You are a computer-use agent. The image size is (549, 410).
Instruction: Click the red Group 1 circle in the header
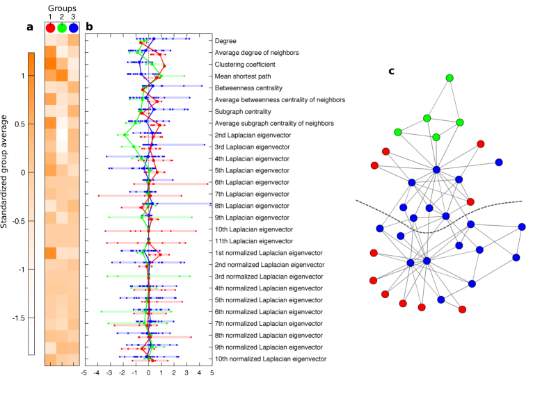(x=50, y=28)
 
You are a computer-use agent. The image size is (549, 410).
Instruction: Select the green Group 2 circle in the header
(x=62, y=28)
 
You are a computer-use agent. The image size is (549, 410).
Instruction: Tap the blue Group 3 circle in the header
(x=74, y=28)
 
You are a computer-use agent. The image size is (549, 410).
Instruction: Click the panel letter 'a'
(x=29, y=28)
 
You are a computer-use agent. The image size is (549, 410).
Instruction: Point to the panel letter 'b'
(x=89, y=28)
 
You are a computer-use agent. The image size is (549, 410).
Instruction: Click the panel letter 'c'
(x=392, y=71)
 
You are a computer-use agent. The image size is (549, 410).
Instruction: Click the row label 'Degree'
(x=225, y=41)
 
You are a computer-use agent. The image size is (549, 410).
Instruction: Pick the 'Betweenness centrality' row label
(x=248, y=88)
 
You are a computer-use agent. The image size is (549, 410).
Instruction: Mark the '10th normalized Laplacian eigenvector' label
(x=271, y=359)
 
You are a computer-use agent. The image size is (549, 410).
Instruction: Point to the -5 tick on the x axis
(x=84, y=373)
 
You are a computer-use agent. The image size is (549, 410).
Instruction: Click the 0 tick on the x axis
(x=148, y=373)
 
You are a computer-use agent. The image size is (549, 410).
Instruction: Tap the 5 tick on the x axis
(x=212, y=373)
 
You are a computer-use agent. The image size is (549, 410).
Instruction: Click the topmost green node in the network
(x=449, y=77)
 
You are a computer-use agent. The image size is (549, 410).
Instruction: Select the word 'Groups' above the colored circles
(x=62, y=8)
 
